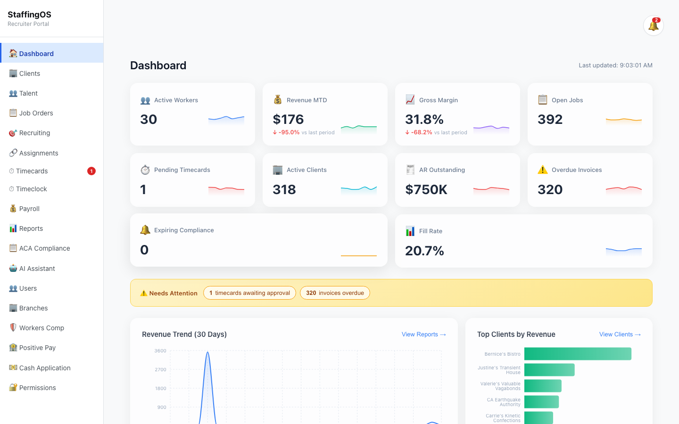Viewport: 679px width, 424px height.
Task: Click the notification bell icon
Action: pos(653,25)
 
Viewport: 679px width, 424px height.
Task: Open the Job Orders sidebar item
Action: pos(36,113)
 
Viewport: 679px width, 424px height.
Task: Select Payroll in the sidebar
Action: pos(29,209)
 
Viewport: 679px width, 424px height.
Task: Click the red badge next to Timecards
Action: pos(91,171)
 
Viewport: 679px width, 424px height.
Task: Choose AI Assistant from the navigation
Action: pos(37,269)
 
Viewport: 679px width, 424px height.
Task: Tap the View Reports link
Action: pos(423,334)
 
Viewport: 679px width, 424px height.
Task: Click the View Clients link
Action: pos(620,334)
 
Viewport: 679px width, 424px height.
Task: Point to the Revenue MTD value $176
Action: pos(288,119)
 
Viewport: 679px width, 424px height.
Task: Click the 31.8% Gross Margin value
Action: pos(424,119)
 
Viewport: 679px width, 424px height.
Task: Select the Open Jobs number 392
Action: pos(550,119)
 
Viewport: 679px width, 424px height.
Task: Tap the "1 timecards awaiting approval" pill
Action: pos(249,293)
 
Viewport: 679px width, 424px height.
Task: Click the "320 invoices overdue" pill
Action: pos(335,293)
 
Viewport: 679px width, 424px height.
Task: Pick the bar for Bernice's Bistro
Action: pos(578,354)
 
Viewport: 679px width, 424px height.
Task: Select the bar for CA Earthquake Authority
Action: pos(541,402)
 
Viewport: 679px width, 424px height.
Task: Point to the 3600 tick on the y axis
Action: pos(160,351)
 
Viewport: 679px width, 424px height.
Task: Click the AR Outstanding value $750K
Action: pos(426,189)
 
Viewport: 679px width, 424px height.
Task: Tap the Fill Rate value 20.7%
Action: pos(424,251)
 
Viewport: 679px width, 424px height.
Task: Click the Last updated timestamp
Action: pos(615,65)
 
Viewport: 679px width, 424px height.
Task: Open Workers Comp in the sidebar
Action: pos(41,328)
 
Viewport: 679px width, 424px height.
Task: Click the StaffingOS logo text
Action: pos(29,15)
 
